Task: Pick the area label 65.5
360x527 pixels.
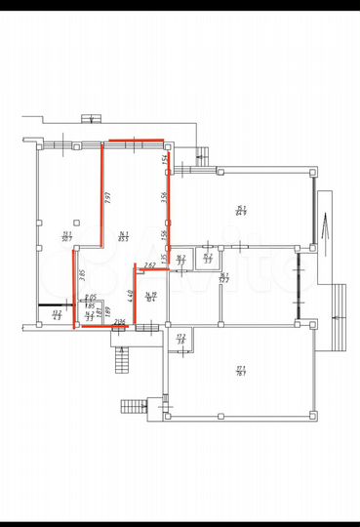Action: (x=123, y=235)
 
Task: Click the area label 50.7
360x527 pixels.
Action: (x=66, y=235)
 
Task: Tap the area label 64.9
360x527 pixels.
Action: (x=240, y=211)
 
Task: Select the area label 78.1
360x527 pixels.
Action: (x=240, y=370)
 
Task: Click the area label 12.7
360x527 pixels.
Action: (x=223, y=277)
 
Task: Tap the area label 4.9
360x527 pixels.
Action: (x=56, y=316)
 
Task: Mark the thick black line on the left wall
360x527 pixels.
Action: (x=50, y=306)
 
